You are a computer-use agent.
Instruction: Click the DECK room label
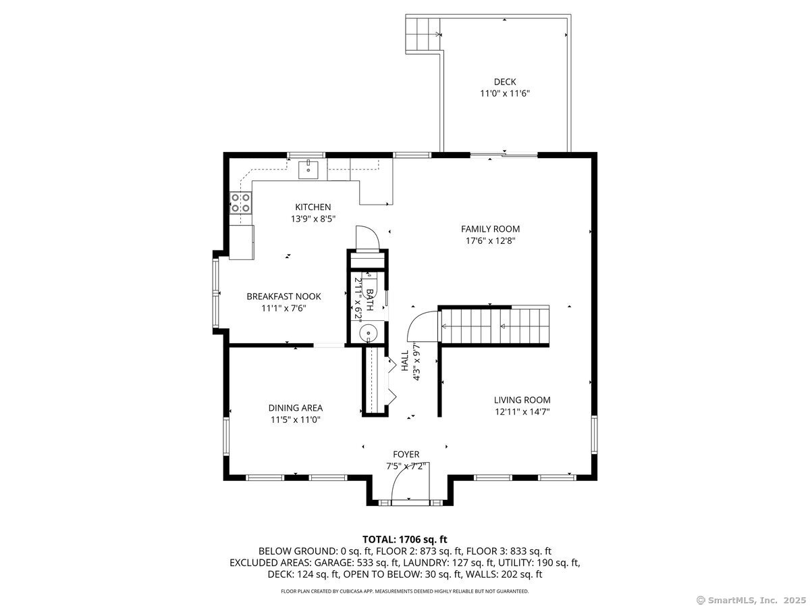504,82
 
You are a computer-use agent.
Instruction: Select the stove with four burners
241,203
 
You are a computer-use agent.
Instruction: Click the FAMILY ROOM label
490,229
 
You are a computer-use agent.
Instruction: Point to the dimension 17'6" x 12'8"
490,240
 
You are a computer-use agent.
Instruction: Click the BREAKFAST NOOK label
283,296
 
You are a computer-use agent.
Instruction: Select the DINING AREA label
295,407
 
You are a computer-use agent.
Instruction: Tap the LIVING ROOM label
522,399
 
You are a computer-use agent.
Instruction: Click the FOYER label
406,454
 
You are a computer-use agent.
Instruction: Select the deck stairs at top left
421,33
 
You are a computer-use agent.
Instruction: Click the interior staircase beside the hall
495,326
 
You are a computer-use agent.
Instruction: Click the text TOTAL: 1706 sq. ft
405,539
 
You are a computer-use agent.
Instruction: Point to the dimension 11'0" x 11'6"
504,94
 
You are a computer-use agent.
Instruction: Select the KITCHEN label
313,207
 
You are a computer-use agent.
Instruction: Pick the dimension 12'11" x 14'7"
522,411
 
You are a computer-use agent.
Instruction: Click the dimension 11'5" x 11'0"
295,420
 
